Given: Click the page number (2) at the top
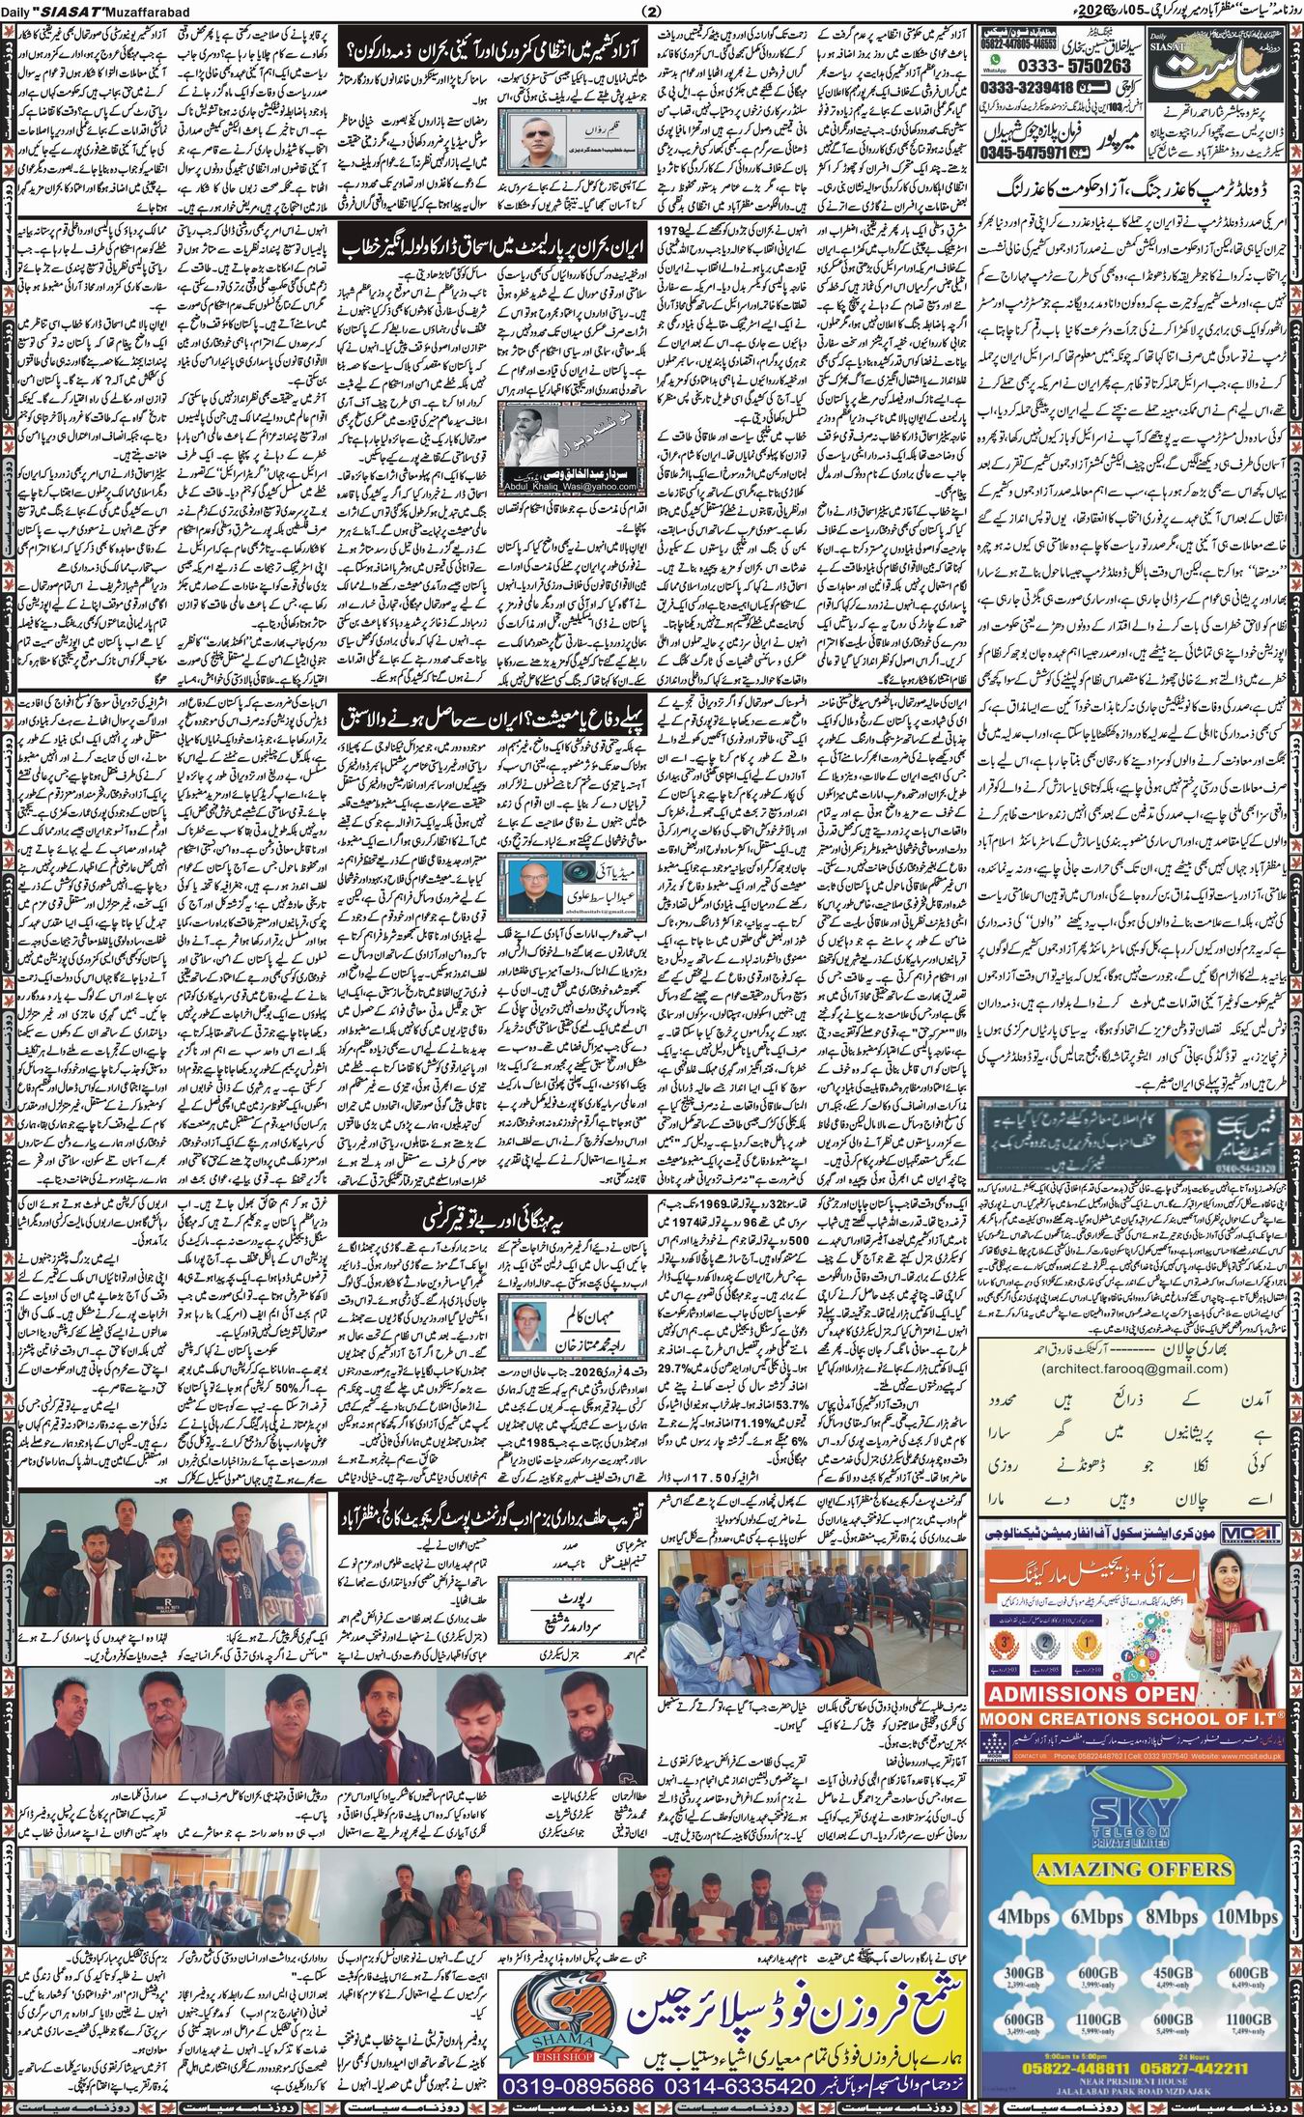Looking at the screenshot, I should pos(651,11).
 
